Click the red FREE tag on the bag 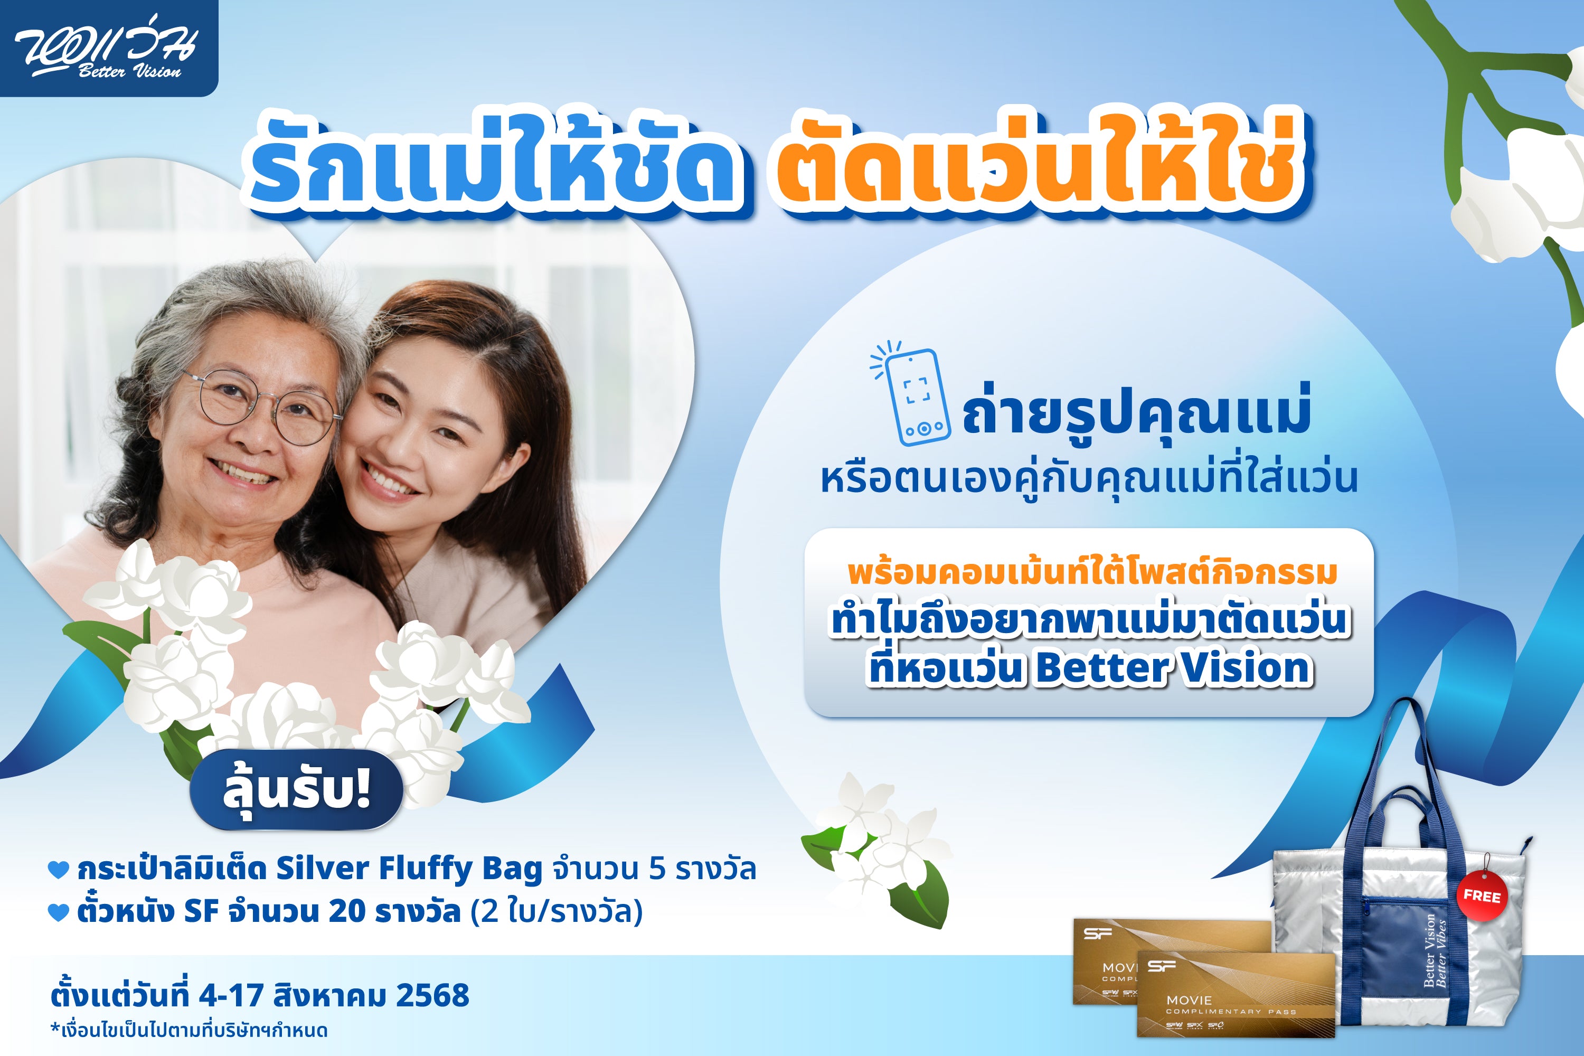coord(1482,897)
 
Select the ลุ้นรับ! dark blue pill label coord(296,789)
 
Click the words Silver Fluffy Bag coord(410,869)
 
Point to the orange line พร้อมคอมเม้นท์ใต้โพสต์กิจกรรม coord(1092,573)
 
